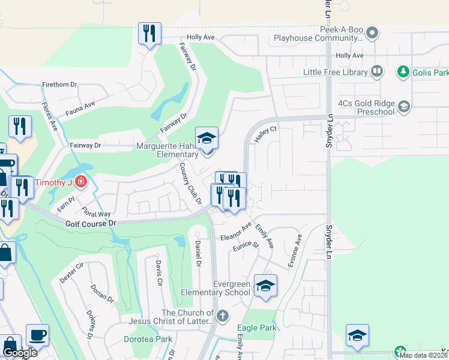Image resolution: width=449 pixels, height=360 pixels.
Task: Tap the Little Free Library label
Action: point(336,72)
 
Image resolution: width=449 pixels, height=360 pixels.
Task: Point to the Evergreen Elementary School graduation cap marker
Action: point(265,285)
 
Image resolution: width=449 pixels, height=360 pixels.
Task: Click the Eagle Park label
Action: point(257,328)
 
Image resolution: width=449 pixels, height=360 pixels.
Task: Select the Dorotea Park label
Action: point(148,339)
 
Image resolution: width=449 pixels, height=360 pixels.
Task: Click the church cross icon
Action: point(222,316)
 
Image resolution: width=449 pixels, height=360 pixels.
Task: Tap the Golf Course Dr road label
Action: point(91,223)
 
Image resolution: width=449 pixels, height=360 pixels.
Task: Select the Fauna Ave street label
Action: point(80,107)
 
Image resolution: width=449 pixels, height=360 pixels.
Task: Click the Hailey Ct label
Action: point(265,134)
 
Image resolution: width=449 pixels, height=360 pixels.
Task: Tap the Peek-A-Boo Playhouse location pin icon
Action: point(372,32)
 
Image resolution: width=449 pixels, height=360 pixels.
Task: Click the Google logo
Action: point(20,353)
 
